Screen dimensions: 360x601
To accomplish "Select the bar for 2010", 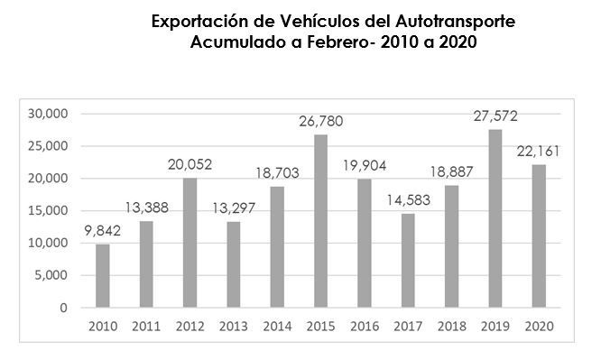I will (x=103, y=276).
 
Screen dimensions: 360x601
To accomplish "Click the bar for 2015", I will (x=321, y=221).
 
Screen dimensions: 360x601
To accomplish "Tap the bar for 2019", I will (x=495, y=218).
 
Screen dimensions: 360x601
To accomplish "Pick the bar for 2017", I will (x=409, y=261).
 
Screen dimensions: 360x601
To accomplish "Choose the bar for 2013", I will (x=234, y=264).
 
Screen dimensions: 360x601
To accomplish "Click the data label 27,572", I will (x=495, y=116).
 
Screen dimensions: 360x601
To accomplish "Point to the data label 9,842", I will (x=103, y=230).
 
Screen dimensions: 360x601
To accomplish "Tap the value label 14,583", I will (x=409, y=199).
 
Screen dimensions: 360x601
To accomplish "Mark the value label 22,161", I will (x=540, y=151).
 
